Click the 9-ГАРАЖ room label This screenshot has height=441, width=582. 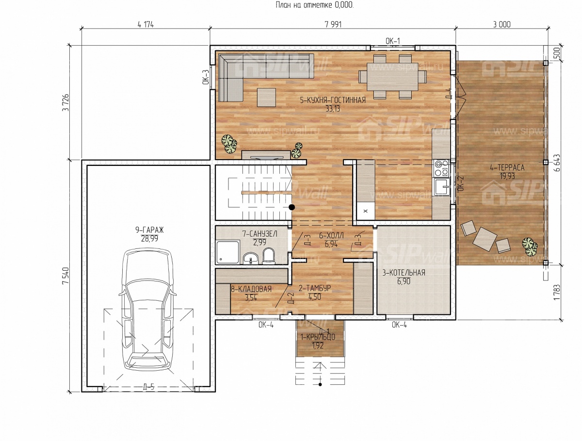pos(149,229)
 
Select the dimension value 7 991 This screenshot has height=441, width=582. pos(333,24)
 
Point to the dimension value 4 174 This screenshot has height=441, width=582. pos(145,24)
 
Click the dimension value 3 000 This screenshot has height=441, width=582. pos(501,24)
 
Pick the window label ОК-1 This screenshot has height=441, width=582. pos(393,41)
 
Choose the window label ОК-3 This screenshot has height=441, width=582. pos(206,77)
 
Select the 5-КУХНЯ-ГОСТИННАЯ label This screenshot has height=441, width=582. pos(333,100)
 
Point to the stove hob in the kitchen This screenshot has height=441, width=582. pos(441,168)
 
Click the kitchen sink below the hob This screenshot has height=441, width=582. pos(442,187)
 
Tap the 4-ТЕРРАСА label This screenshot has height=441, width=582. pos(507,167)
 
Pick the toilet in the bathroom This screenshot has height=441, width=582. pos(269,256)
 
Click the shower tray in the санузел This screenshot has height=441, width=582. pos(228,252)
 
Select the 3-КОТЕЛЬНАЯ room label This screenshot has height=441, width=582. pos(404,273)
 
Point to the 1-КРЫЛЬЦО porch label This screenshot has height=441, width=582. pos(318,337)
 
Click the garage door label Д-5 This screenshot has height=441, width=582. pos(148,387)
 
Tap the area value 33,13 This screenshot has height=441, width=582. pos(333,109)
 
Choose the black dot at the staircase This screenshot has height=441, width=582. pos(291,207)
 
